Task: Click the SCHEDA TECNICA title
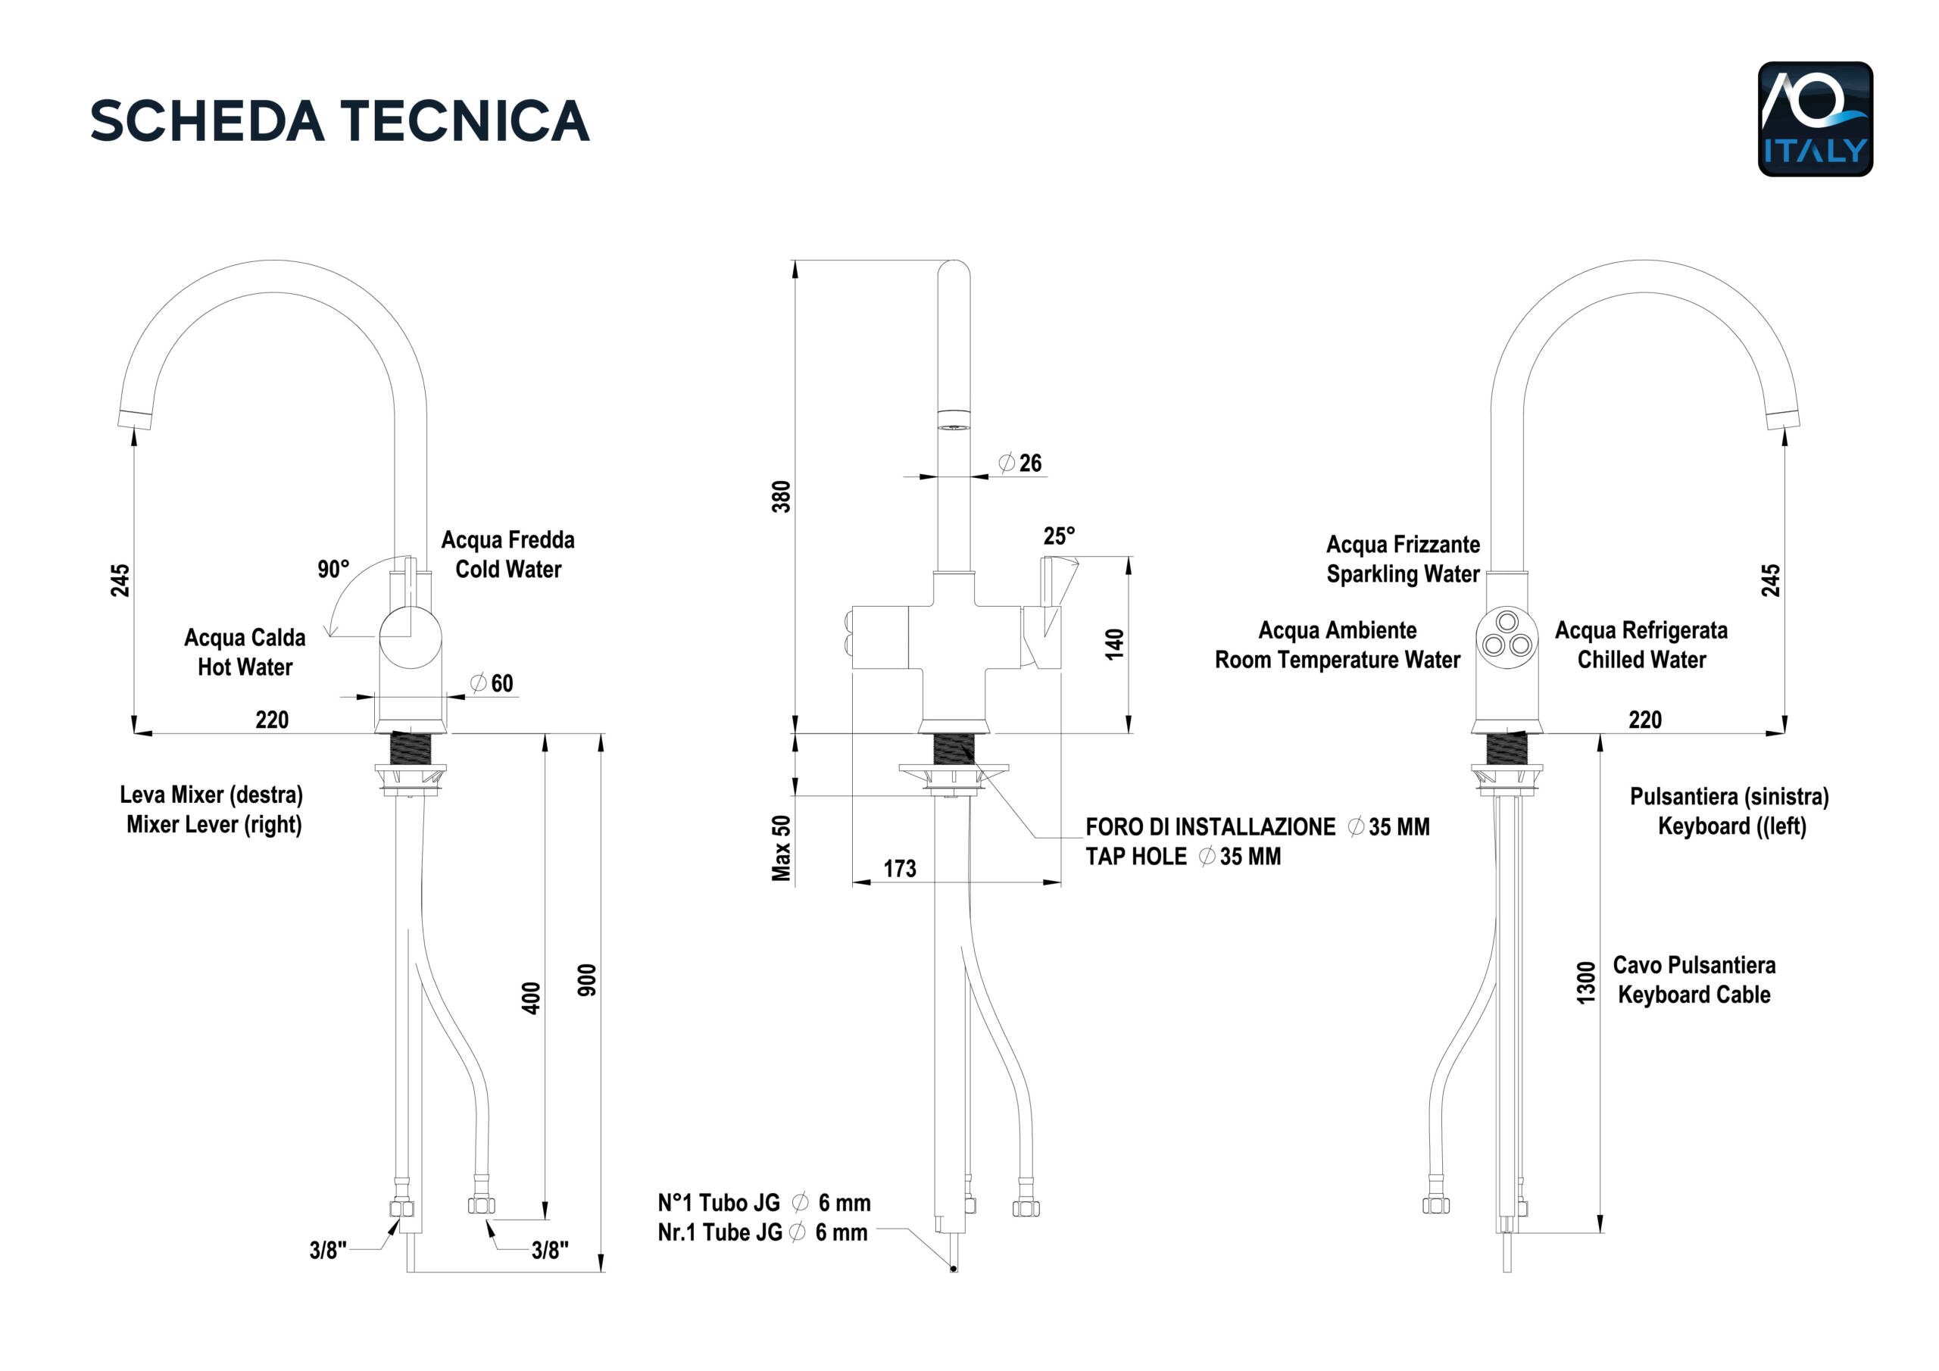[x=339, y=120]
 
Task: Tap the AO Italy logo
[x=1815, y=119]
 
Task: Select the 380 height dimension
[x=782, y=497]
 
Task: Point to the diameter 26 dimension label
[x=1020, y=463]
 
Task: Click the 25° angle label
[x=1059, y=536]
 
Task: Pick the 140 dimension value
[x=1115, y=645]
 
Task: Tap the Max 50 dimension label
[x=782, y=848]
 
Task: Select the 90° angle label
[x=333, y=570]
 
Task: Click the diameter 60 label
[x=492, y=683]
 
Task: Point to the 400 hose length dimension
[x=530, y=998]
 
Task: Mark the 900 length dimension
[x=587, y=980]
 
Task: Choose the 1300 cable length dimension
[x=1587, y=983]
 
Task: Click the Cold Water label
[x=508, y=570]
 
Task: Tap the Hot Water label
[x=245, y=667]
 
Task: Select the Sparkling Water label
[x=1403, y=574]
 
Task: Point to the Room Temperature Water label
[x=1337, y=660]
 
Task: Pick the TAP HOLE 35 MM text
[x=1182, y=857]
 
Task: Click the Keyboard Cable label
[x=1694, y=995]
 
